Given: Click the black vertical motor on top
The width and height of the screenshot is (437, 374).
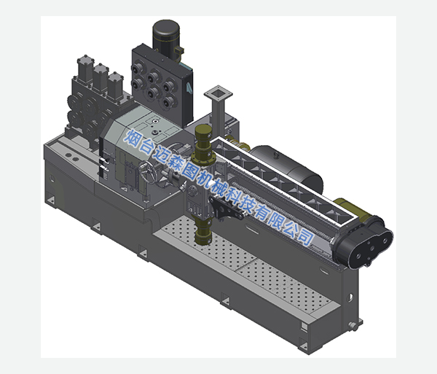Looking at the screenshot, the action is [166, 38].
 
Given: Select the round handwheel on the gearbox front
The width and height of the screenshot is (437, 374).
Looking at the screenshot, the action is [148, 172].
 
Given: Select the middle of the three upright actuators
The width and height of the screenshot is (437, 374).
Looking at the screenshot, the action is [101, 77].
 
